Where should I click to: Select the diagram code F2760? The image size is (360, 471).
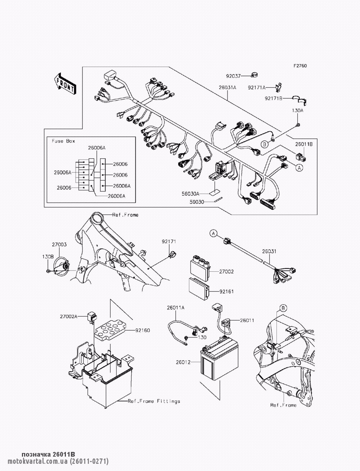point(300,66)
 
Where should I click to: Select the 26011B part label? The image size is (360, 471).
point(304,144)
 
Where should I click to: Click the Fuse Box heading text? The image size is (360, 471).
point(63,141)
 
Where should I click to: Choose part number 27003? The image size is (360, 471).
point(59,244)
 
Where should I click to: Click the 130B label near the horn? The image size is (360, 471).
point(48,257)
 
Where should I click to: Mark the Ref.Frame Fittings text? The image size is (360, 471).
point(154,401)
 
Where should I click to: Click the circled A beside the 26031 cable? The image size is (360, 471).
point(213,234)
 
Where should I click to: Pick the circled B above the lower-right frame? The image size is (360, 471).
point(283,308)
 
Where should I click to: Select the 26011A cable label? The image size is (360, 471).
point(175,308)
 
